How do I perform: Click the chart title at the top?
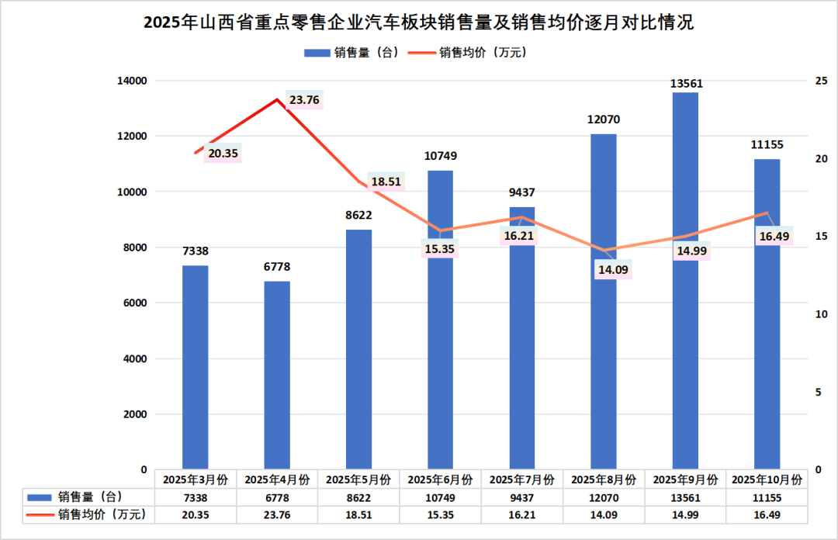(x=418, y=22)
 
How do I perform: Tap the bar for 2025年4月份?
(x=277, y=376)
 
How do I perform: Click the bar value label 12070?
(x=604, y=119)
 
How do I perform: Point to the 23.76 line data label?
(x=304, y=99)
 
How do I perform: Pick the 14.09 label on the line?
(x=603, y=271)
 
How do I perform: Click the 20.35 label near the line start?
(x=223, y=154)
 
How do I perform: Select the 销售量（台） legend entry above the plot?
(x=351, y=52)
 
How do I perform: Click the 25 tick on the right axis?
(x=821, y=81)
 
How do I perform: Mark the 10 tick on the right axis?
(x=821, y=314)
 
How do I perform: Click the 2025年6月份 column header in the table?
(x=440, y=479)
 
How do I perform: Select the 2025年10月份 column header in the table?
(x=767, y=479)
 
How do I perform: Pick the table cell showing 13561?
(x=685, y=497)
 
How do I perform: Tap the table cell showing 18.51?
(x=358, y=514)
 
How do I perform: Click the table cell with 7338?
(x=196, y=497)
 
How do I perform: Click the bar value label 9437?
(x=521, y=192)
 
